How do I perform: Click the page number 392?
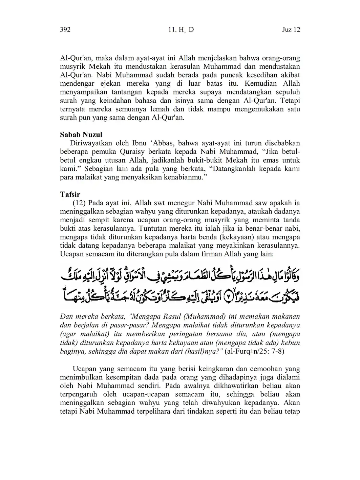65,30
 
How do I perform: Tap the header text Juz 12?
291,30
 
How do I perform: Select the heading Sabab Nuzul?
81,134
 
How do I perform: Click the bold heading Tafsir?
70,194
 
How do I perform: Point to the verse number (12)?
79,203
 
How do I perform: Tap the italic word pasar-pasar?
129,325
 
